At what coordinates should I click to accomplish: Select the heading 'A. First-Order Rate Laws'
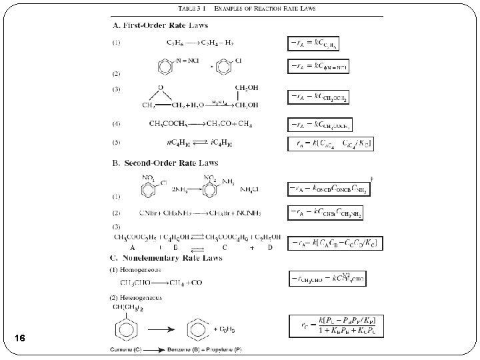tap(159, 25)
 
